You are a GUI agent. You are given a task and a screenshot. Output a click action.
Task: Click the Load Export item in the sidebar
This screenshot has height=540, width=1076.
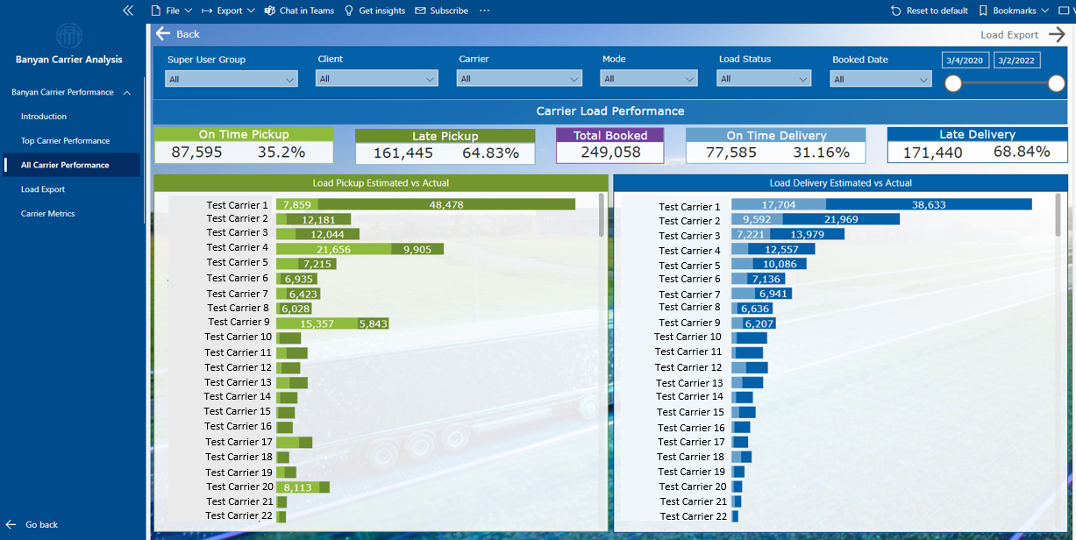coord(43,189)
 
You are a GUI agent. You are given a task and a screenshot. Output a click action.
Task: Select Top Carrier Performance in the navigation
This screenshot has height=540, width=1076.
coord(65,140)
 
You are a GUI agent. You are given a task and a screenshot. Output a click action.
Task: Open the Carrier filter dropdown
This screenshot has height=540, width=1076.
coord(519,79)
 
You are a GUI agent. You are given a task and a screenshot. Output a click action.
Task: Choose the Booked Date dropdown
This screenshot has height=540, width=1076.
coord(880,79)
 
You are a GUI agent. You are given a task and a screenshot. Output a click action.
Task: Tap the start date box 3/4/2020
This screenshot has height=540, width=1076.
coord(966,60)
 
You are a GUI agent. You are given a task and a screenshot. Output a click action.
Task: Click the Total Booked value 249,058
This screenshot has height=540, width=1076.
coord(609,153)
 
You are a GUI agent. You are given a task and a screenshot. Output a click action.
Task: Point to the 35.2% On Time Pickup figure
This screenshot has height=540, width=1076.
coord(281,153)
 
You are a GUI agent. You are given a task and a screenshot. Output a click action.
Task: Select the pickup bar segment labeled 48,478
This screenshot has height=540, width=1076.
coord(446,204)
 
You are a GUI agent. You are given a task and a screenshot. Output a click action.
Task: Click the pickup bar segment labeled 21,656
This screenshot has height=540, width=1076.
coord(333,250)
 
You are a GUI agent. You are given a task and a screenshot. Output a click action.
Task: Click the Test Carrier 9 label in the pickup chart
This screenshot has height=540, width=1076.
coord(238,323)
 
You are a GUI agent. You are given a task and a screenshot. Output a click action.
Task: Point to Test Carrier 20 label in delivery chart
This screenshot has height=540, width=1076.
coord(692,487)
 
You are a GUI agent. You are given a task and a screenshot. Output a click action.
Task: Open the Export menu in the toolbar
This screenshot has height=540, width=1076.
coord(228,11)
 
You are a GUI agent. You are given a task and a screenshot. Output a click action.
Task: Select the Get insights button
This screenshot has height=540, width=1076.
coord(375,11)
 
